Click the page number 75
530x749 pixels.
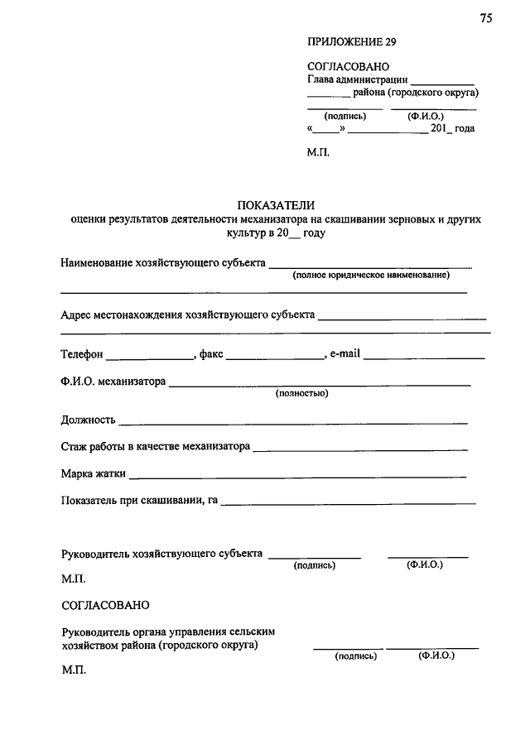(485, 19)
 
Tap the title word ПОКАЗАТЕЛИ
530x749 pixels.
(277, 205)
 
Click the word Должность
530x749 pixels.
(89, 420)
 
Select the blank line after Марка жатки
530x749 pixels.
(298, 478)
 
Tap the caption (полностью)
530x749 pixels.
(302, 393)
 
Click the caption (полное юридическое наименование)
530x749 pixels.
(370, 274)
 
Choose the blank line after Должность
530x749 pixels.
(294, 423)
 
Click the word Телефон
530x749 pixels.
(82, 354)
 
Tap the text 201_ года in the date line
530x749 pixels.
(453, 129)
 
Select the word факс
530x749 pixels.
(211, 354)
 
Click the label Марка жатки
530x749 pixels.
(94, 474)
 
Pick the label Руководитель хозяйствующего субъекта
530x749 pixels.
(162, 552)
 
